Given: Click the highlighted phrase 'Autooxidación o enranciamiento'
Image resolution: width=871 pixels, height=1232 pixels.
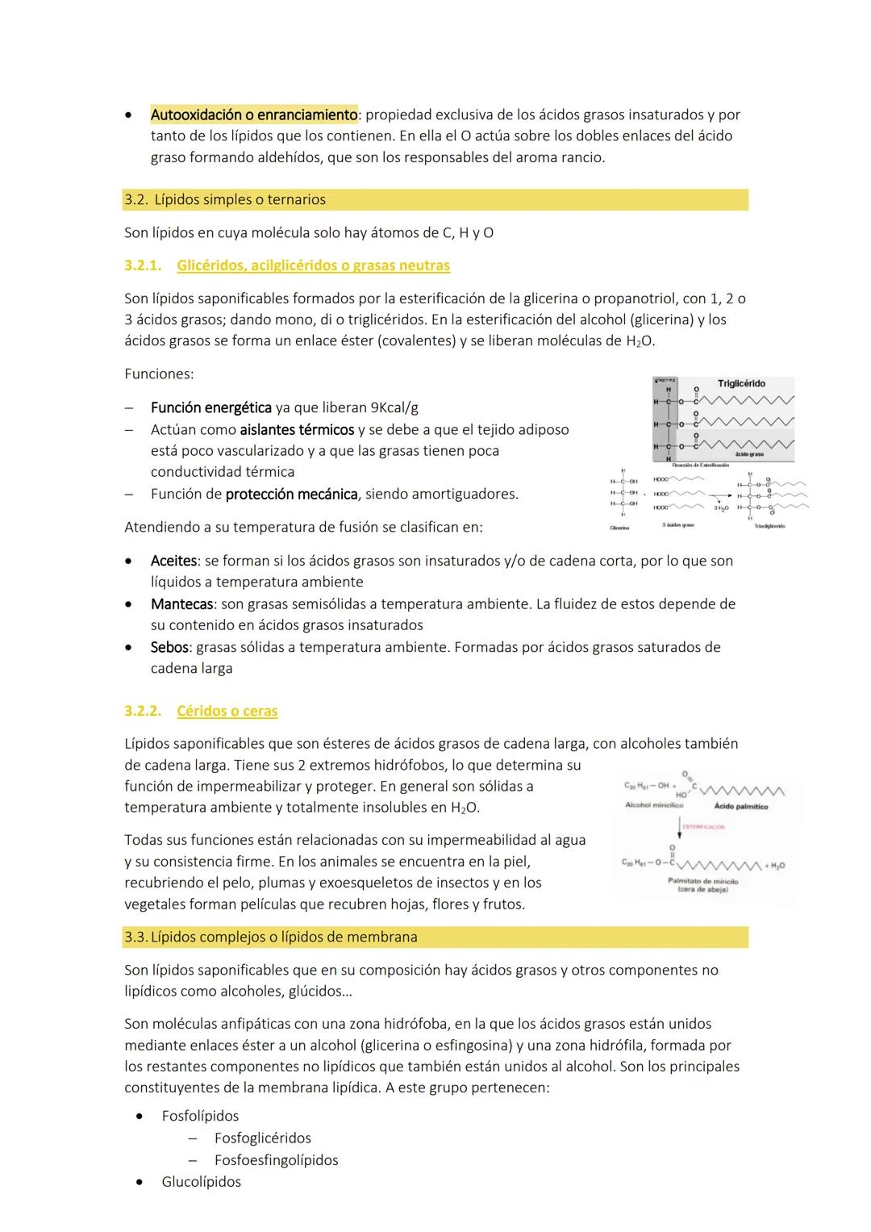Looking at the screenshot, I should [x=253, y=115].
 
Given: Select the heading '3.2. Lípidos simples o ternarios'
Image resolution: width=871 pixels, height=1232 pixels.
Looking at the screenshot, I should [x=225, y=199].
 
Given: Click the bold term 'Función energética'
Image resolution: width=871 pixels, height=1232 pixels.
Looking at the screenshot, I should [x=210, y=408].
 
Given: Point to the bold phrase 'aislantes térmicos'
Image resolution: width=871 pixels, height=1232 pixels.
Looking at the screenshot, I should [x=297, y=430].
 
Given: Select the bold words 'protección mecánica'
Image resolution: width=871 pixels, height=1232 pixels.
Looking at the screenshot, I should [x=291, y=494].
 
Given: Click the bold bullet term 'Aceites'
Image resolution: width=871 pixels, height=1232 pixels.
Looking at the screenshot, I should [x=173, y=561].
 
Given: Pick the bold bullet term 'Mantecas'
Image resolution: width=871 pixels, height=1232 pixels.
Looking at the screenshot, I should [x=181, y=603].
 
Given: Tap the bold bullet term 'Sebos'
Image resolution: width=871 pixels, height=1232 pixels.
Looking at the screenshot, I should [x=169, y=647].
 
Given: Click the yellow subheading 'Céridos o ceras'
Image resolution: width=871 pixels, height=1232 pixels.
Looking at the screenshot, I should [x=227, y=712].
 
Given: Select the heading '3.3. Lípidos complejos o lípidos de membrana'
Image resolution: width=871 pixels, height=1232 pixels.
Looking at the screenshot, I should [x=271, y=938].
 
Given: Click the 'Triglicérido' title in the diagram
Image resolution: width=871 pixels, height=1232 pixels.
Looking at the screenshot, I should [x=741, y=384].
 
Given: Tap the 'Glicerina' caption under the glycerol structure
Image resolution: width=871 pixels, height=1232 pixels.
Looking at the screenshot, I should [x=619, y=527].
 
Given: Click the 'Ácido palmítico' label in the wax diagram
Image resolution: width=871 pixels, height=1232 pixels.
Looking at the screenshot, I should [x=740, y=807].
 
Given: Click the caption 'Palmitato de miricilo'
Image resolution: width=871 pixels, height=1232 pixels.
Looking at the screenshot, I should [x=702, y=881].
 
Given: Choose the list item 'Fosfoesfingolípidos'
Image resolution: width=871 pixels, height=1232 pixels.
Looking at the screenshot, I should [x=276, y=1160].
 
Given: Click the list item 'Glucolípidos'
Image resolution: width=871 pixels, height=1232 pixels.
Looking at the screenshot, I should [x=201, y=1182].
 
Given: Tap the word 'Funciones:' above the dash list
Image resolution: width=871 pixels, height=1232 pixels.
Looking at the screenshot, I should [x=159, y=374].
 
